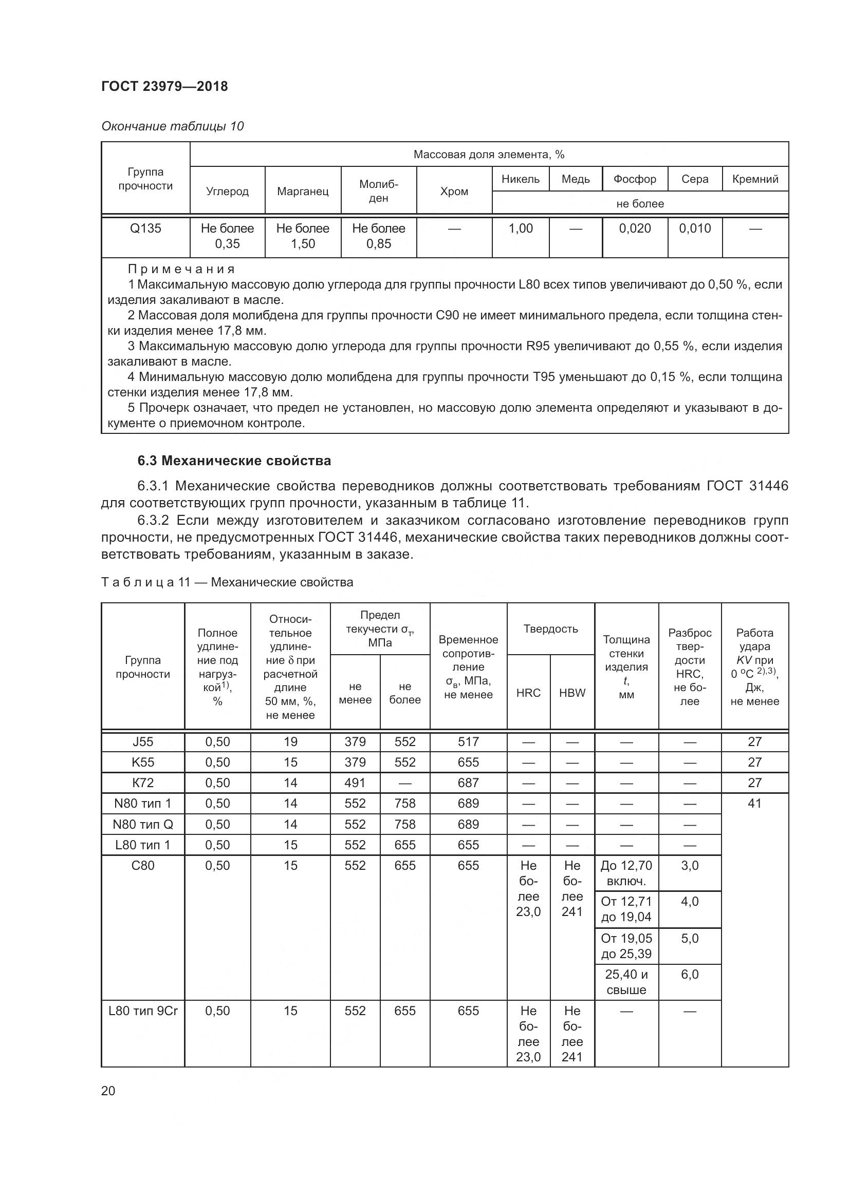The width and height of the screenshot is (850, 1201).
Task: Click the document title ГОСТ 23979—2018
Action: point(164,86)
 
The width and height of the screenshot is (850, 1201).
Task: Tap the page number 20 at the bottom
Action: point(108,1091)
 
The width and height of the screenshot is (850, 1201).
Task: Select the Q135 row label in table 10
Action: point(145,228)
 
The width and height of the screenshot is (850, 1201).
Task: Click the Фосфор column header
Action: point(634,179)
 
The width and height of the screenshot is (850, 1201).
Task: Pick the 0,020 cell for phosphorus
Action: point(634,228)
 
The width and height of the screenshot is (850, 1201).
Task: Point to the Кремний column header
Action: point(755,179)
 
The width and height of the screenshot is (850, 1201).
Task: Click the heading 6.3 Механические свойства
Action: point(234,461)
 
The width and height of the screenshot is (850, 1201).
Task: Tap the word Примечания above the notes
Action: point(181,269)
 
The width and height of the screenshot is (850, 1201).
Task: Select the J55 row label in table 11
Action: point(143,742)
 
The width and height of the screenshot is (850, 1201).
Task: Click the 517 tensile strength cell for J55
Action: point(468,742)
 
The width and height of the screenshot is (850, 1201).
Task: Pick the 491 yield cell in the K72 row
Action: point(355,783)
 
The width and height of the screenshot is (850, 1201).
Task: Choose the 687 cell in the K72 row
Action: point(468,783)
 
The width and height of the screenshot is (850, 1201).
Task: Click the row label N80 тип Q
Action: point(143,825)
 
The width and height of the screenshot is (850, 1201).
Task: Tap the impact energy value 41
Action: point(754,804)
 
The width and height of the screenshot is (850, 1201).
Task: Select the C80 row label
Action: point(143,866)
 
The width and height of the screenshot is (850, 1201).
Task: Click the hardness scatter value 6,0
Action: point(689,975)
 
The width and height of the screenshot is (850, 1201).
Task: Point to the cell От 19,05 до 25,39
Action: point(626,946)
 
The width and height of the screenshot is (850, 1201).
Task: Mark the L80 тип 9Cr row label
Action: point(143,1011)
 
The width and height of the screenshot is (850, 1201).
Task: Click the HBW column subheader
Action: point(572,693)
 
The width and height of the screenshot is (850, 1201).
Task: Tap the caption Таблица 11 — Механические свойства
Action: point(227,582)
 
